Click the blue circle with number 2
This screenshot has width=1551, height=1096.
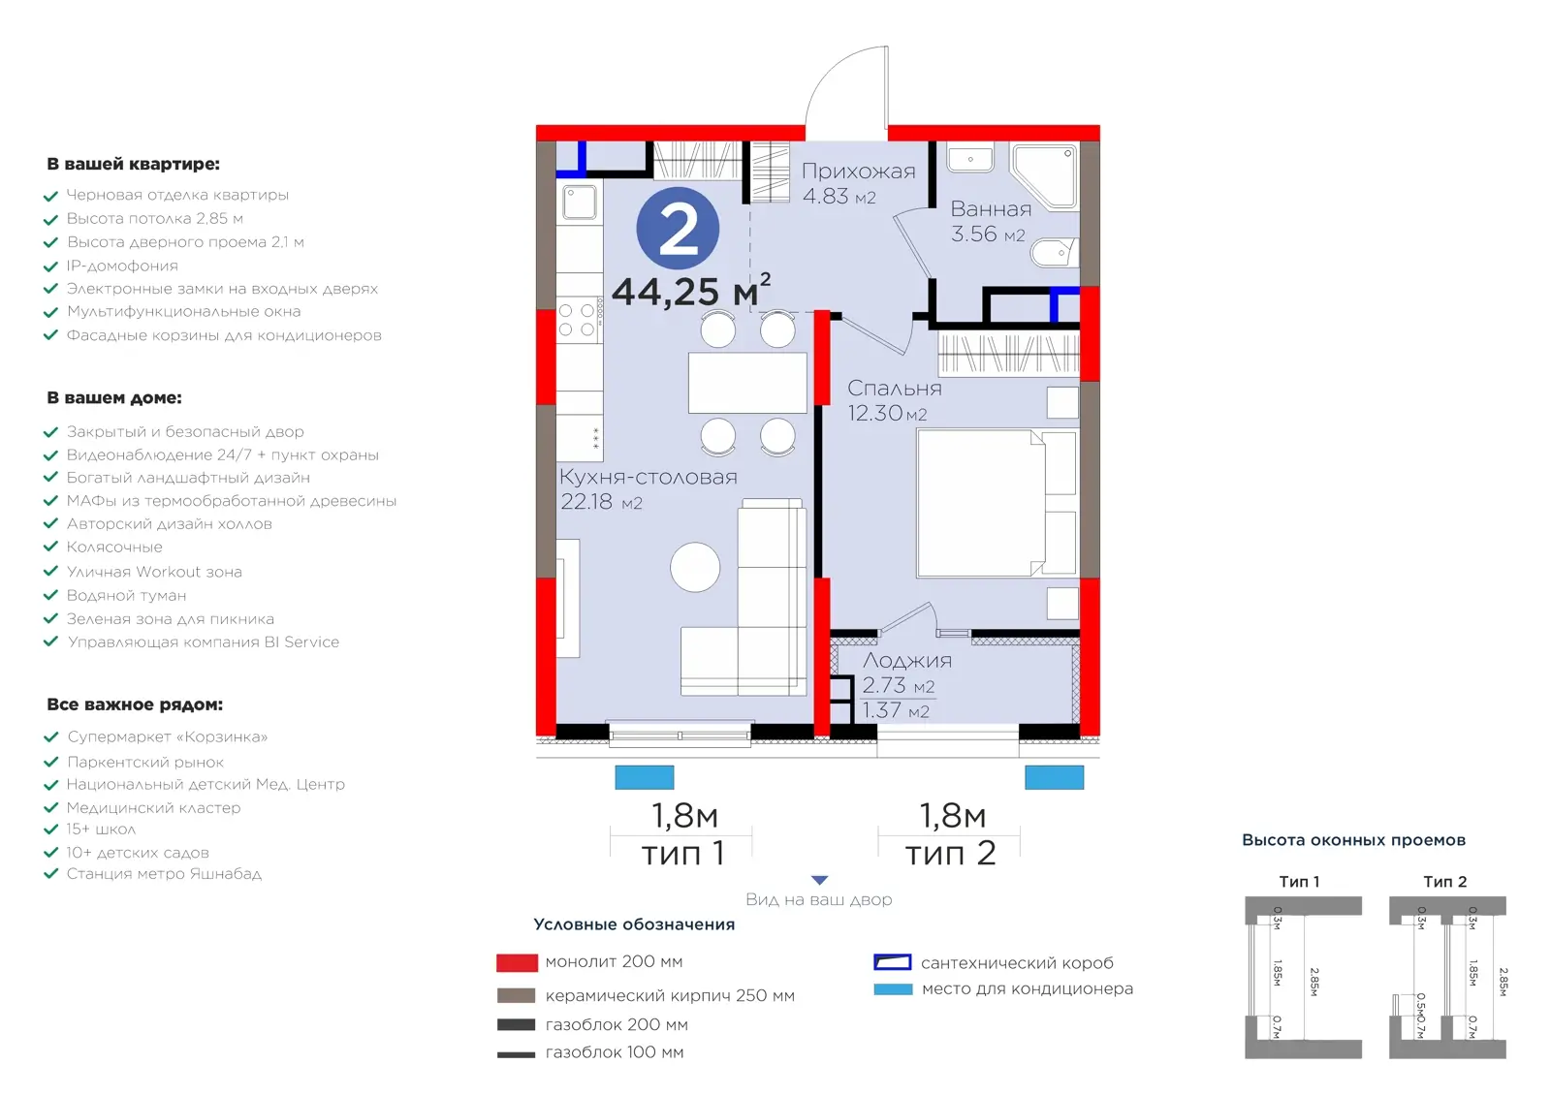click(x=678, y=228)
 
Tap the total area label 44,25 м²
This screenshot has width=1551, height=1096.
click(x=691, y=290)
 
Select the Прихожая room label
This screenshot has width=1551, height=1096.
click(x=859, y=171)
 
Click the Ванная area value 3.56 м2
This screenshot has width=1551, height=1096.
click(x=988, y=234)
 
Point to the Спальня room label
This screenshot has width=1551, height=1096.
click(x=895, y=388)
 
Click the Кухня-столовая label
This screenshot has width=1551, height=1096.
click(x=649, y=477)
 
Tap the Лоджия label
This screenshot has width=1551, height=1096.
click(x=907, y=661)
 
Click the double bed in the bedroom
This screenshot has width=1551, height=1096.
click(x=997, y=503)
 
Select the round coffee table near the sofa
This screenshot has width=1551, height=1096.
click(x=695, y=567)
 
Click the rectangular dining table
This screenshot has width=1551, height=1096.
click(x=747, y=383)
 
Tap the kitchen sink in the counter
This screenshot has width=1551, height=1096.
click(x=580, y=203)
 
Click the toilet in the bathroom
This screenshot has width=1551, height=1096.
click(x=1055, y=253)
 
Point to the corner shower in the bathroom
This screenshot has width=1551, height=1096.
click(x=1044, y=175)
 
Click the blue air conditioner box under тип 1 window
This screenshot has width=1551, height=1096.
click(x=645, y=777)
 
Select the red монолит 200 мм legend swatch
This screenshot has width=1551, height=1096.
click(x=517, y=963)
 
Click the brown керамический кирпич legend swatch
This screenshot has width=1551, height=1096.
click(x=517, y=995)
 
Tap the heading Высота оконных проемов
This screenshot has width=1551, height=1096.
click(x=1353, y=840)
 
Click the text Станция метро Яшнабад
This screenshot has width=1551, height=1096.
click(x=164, y=874)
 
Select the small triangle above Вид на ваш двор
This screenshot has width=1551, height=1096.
click(x=820, y=881)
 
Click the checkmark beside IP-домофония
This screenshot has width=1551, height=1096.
click(x=50, y=266)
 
